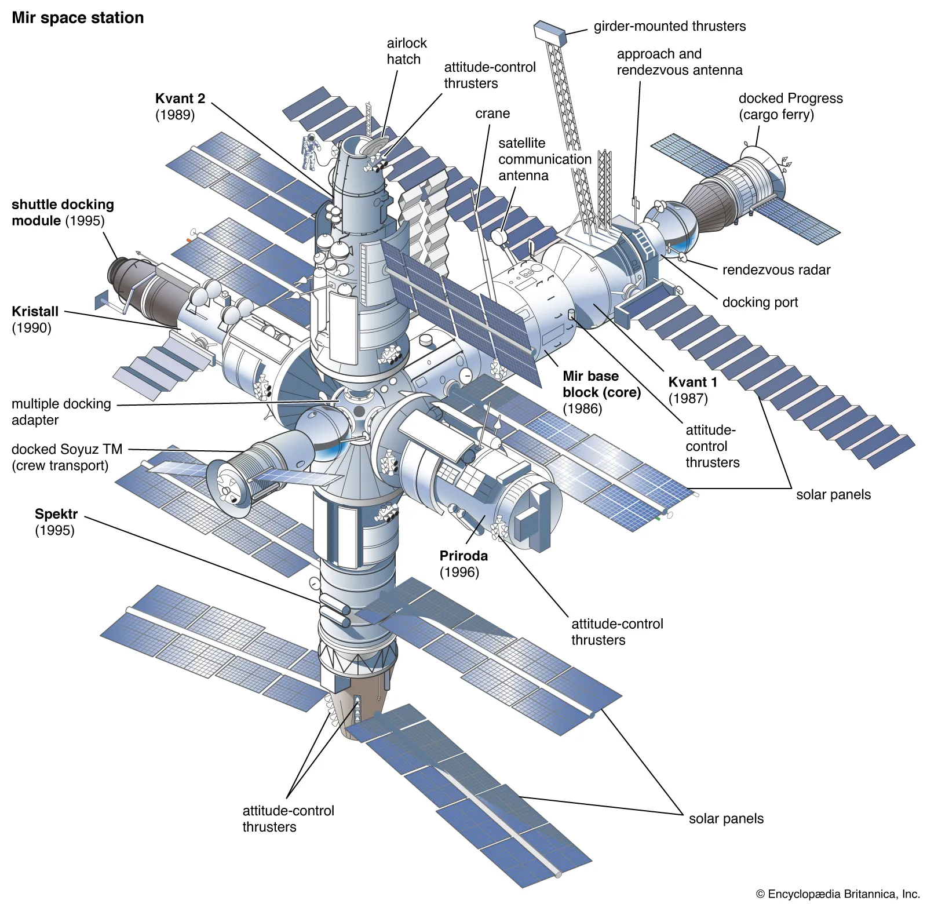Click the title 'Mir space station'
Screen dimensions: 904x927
[x=78, y=18]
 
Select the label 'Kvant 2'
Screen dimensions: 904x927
[x=180, y=99]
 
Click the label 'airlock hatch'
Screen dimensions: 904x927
[x=406, y=51]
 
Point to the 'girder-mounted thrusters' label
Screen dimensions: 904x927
[x=669, y=26]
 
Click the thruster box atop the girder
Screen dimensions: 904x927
[x=549, y=31]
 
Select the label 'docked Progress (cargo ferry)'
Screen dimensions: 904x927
[x=790, y=106]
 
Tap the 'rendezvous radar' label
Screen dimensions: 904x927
[x=776, y=270]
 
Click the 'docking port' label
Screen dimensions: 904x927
[x=760, y=302]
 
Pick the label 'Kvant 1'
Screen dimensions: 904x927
[x=692, y=382]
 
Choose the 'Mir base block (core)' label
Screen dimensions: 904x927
[x=601, y=385]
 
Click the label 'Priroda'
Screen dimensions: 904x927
[x=463, y=556]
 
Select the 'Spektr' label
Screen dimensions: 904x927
[x=56, y=515]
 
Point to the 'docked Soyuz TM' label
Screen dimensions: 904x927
[x=67, y=450]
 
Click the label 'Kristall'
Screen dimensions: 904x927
[x=35, y=312]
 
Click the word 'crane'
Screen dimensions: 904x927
[x=492, y=114]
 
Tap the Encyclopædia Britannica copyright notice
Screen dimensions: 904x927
[x=837, y=894]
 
